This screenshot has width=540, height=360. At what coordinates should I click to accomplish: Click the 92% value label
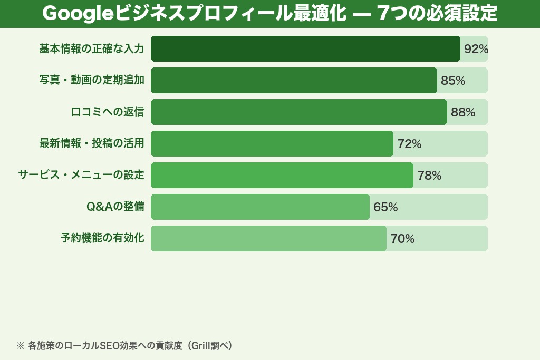tap(476, 49)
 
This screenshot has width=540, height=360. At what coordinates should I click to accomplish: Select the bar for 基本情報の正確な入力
tap(305, 49)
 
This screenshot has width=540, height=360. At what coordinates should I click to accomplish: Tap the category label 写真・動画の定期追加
tap(91, 81)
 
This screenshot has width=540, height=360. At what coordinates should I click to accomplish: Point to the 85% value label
tap(452, 81)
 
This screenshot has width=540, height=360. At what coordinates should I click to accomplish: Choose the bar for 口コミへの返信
tap(298, 112)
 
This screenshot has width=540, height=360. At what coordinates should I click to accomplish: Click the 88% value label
tap(462, 112)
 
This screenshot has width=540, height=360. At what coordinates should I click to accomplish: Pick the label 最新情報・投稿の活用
tap(91, 144)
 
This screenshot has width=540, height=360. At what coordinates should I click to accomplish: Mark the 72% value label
tap(409, 144)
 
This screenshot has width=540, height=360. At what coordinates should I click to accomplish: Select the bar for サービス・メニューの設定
tap(282, 176)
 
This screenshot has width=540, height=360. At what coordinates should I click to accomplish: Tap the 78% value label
tap(429, 176)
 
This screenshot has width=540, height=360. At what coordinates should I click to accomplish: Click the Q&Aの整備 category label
tap(115, 207)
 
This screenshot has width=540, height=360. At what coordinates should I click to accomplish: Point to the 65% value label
tap(385, 207)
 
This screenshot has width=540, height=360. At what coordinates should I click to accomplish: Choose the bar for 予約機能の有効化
tap(268, 239)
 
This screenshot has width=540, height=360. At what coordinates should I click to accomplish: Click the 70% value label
tap(402, 239)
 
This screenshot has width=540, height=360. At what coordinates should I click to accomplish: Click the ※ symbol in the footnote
tap(20, 346)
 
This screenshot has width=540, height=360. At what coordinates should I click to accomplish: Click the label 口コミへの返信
tap(107, 112)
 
